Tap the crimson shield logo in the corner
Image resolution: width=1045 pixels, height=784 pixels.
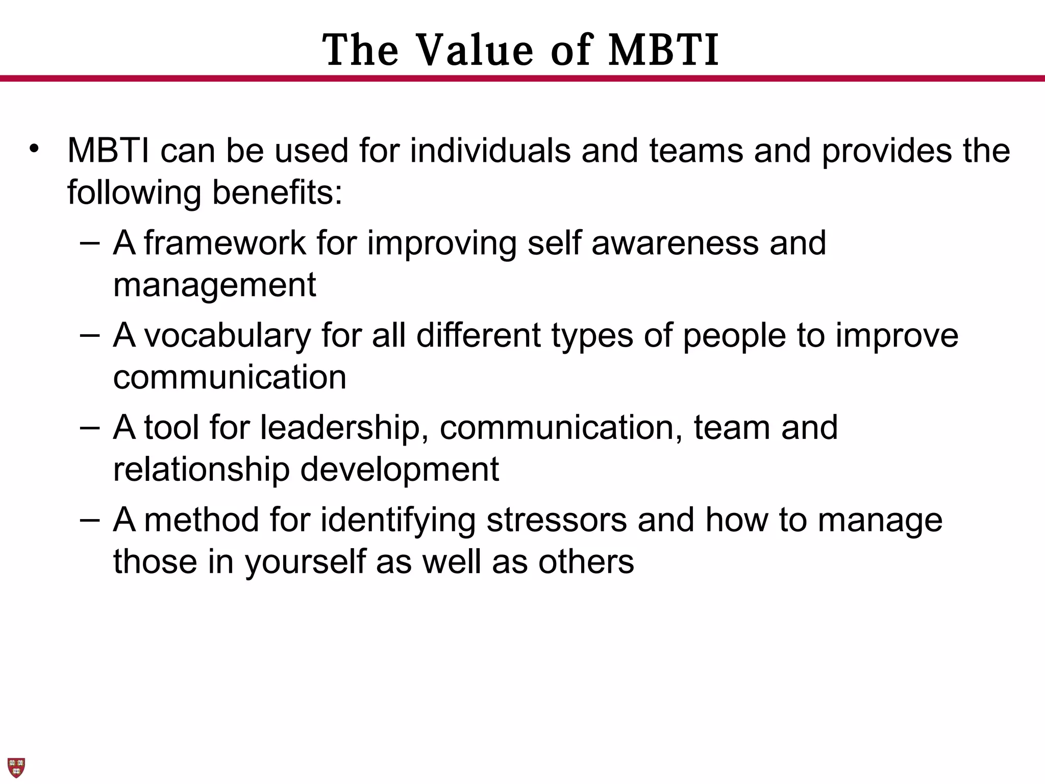point(16,767)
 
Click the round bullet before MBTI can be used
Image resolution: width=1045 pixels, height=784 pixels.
point(34,149)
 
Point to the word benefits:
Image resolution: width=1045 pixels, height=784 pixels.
point(277,192)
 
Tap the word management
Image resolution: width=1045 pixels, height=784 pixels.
point(214,285)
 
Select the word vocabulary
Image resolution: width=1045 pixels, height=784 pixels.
point(228,336)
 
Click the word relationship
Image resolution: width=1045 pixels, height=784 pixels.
point(201,469)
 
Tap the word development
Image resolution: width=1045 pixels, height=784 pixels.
point(400,469)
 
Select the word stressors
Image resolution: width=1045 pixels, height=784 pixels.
point(556,520)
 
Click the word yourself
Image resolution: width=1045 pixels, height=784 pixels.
point(305,562)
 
